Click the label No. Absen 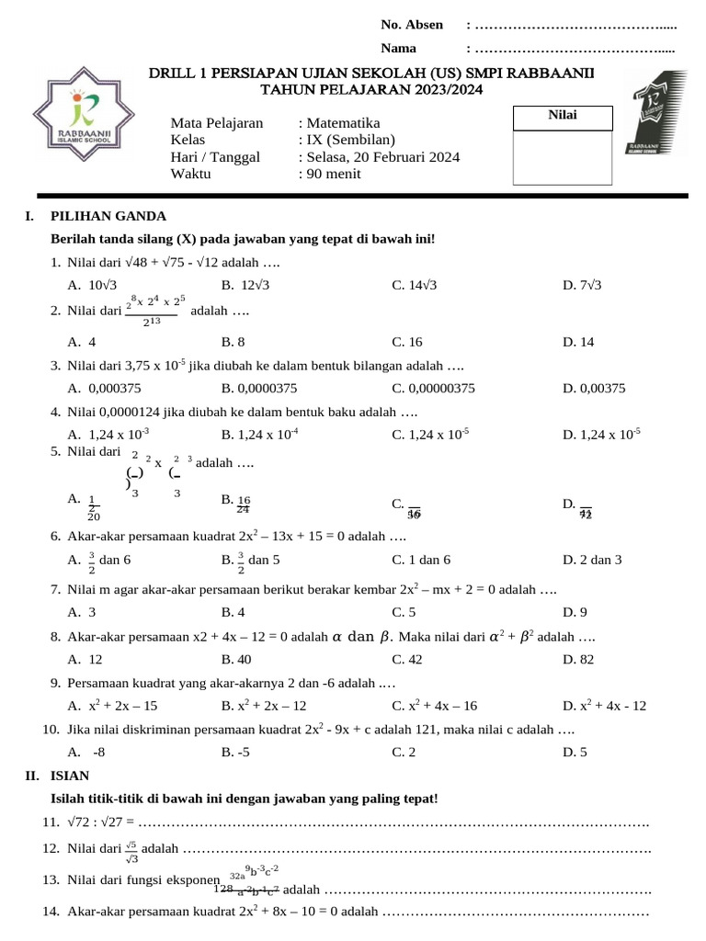tap(412, 25)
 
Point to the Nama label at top tap(398, 48)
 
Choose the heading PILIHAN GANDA tap(108, 216)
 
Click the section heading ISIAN tap(70, 776)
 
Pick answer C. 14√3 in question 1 tap(415, 285)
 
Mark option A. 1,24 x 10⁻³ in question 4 tap(108, 434)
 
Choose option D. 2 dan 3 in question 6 tap(592, 559)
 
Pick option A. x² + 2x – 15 tap(112, 706)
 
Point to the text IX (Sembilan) tap(351, 140)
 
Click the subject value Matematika tap(343, 123)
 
